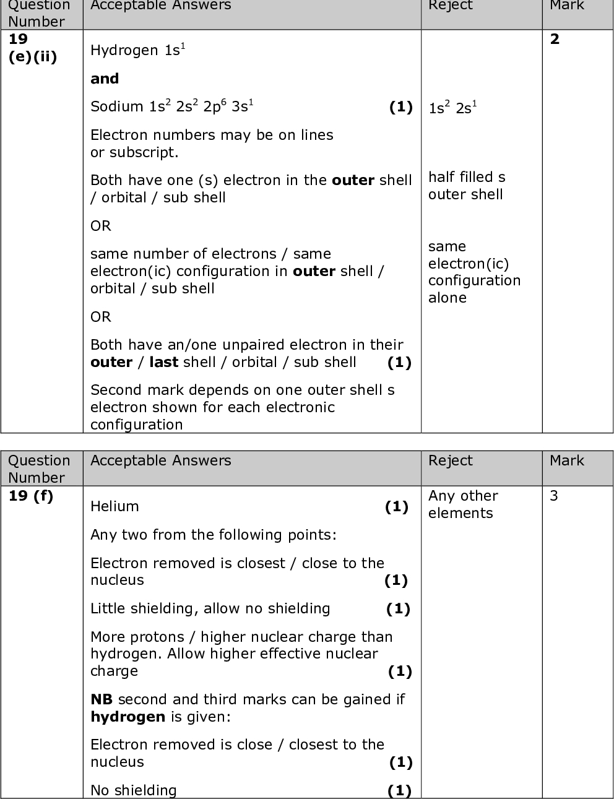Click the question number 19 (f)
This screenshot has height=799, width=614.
31,496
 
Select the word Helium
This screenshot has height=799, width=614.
115,506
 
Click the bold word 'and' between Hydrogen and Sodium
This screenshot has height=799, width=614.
105,79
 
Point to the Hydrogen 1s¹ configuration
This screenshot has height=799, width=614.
138,50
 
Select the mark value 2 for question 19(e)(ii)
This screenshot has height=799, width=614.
555,40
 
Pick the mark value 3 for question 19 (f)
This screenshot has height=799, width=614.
554,496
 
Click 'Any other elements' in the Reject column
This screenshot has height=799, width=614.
463,504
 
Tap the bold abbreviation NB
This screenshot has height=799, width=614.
102,699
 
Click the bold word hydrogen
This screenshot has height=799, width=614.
128,717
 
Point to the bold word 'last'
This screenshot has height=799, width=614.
163,362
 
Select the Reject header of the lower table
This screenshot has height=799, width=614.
450,460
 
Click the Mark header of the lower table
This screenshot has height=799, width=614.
566,460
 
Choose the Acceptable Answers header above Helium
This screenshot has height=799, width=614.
160,460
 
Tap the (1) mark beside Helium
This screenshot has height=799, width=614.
397,507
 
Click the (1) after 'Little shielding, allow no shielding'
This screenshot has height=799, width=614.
398,609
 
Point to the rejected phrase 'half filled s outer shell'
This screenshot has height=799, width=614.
467,186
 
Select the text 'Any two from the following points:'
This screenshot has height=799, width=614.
214,535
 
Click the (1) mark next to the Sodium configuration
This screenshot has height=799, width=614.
400,107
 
